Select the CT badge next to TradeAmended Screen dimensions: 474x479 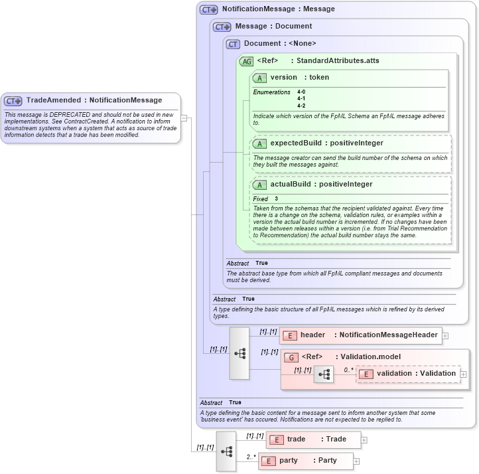[x=13, y=101]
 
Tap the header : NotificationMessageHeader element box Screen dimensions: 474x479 [x=361, y=335]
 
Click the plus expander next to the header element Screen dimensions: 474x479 [x=445, y=336]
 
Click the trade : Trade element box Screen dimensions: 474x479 [x=314, y=439]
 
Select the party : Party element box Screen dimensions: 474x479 [x=306, y=461]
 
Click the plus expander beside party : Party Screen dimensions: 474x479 [x=356, y=461]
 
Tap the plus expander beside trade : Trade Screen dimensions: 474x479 [x=364, y=440]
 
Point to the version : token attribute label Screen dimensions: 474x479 [x=299, y=78]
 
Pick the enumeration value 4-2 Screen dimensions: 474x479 [x=301, y=106]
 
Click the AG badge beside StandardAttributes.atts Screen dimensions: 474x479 [x=246, y=61]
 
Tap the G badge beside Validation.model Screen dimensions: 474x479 [x=291, y=357]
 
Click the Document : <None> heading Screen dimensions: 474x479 [x=280, y=44]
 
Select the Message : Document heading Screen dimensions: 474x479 [x=273, y=27]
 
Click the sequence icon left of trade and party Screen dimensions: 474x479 [x=226, y=451]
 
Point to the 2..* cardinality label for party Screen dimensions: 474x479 [x=252, y=457]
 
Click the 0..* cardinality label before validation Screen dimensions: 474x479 [x=348, y=370]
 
